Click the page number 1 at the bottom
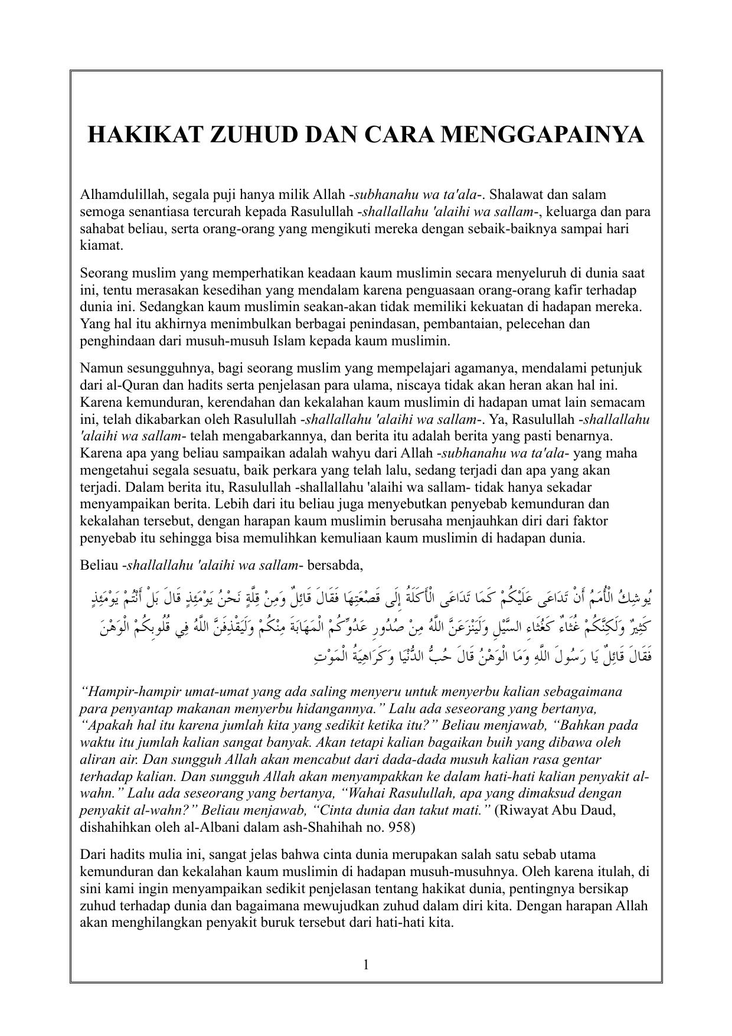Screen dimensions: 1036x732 pyautogui.click(x=366, y=965)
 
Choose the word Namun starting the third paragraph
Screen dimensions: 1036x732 pyautogui.click(x=99, y=368)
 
